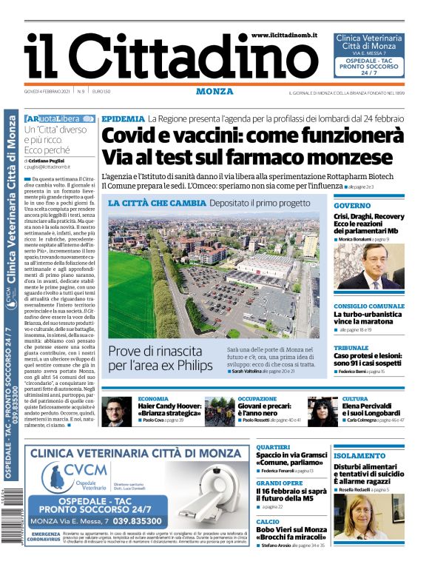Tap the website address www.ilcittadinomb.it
(x=288, y=35)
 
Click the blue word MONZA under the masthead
(x=214, y=91)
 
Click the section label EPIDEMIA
(x=123, y=118)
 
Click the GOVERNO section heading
(x=351, y=205)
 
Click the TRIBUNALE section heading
(x=351, y=348)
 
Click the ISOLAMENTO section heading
(x=359, y=456)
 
